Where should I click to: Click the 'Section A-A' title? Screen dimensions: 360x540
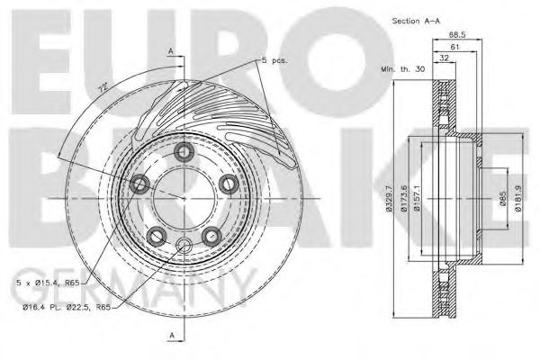tap(415, 20)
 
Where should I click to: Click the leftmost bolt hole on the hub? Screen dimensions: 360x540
tap(140, 184)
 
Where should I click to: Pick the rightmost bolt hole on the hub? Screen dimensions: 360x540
tap(228, 184)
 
